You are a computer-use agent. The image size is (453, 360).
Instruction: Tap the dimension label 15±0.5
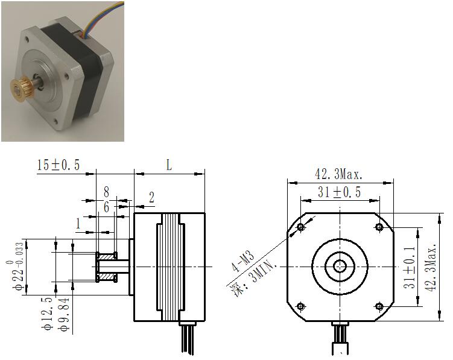pos(58,165)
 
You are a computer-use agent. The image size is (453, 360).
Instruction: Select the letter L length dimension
pos(169,165)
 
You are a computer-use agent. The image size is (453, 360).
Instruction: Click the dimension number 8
pos(106,192)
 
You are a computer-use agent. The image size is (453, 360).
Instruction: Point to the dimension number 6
pos(106,207)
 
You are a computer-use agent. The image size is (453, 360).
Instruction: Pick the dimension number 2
pos(151,198)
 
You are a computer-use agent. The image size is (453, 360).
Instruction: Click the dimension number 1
pos(78,223)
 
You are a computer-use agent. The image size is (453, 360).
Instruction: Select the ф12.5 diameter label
pos(48,314)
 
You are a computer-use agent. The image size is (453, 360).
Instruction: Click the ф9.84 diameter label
pos(64,314)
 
